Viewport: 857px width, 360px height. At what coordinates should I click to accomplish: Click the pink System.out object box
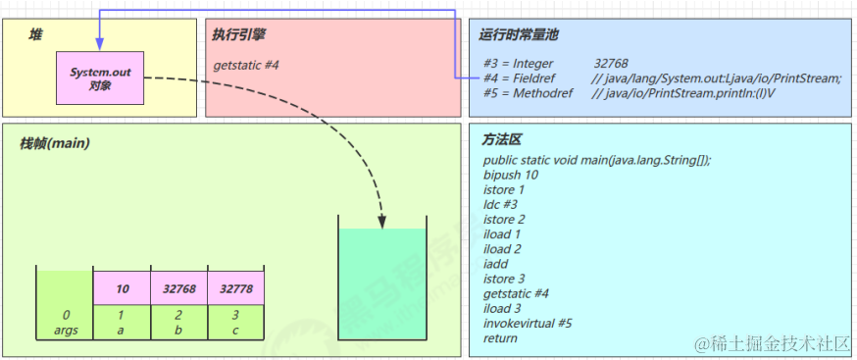pyautogui.click(x=100, y=79)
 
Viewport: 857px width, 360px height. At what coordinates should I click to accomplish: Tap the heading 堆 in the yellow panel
pyautogui.click(x=34, y=34)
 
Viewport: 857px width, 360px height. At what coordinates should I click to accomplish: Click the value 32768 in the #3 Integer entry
pyautogui.click(x=611, y=64)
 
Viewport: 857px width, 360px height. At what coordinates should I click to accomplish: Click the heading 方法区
pyautogui.click(x=501, y=140)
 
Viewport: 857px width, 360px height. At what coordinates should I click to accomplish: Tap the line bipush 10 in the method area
pyautogui.click(x=511, y=175)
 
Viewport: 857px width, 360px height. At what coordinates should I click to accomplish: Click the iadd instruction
pyautogui.click(x=496, y=263)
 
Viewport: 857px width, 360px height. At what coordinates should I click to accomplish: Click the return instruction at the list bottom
pyautogui.click(x=500, y=337)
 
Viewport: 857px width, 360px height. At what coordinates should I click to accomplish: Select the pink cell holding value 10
pyautogui.click(x=123, y=289)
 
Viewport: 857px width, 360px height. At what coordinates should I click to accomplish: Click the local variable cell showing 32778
pyautogui.click(x=236, y=289)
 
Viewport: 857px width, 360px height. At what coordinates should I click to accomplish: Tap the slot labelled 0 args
pyautogui.click(x=66, y=323)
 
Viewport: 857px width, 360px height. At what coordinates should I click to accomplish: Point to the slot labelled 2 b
pyautogui.click(x=179, y=323)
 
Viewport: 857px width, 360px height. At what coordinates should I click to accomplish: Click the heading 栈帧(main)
pyautogui.click(x=56, y=144)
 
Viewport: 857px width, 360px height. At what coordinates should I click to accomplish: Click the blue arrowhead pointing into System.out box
pyautogui.click(x=100, y=45)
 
